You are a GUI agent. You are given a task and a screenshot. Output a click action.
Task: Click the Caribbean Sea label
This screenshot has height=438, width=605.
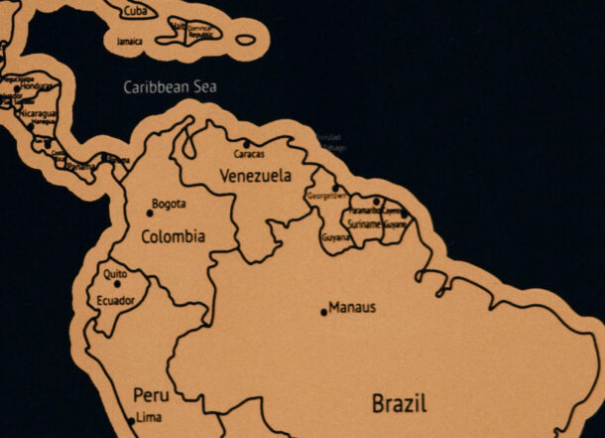pyautogui.click(x=170, y=87)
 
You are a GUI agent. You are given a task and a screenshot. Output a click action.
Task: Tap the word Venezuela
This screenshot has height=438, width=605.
pyautogui.click(x=256, y=177)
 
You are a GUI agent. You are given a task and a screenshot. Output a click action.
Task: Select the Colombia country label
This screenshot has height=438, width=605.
pyautogui.click(x=174, y=237)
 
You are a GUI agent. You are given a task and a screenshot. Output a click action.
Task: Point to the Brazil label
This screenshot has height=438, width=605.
pyautogui.click(x=399, y=404)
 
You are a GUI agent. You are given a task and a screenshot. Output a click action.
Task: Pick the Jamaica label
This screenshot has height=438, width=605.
pyautogui.click(x=129, y=41)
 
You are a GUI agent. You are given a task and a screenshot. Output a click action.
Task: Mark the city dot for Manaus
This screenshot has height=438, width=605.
pyautogui.click(x=323, y=312)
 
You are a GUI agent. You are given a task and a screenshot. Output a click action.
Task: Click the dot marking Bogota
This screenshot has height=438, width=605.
pyautogui.click(x=150, y=212)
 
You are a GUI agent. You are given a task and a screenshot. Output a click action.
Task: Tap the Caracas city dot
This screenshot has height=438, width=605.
pyautogui.click(x=247, y=144)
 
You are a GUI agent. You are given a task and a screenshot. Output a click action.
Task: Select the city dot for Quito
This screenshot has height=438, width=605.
pyautogui.click(x=117, y=284)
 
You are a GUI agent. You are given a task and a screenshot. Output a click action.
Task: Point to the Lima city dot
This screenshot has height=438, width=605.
pyautogui.click(x=131, y=421)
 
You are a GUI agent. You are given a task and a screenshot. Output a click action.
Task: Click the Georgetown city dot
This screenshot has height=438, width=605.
pyautogui.click(x=335, y=187)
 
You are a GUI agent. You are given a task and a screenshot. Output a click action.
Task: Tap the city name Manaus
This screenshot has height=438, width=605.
pyautogui.click(x=352, y=308)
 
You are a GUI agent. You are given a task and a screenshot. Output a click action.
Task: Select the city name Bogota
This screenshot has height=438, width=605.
pyautogui.click(x=169, y=205)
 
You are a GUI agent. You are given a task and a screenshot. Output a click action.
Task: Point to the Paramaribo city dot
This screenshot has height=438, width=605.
pyautogui.click(x=376, y=202)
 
